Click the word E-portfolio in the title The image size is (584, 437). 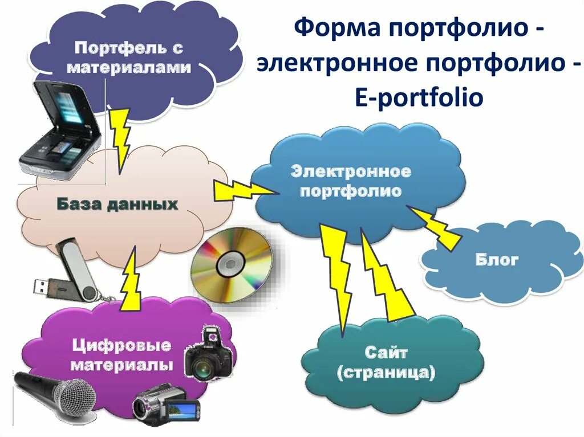coord(417,97)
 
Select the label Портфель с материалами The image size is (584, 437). coord(129,57)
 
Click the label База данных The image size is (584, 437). coord(117,204)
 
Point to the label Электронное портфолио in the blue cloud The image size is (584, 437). coord(351,181)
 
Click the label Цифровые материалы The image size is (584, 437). coord(121,354)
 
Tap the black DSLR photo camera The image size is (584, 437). coord(209,356)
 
